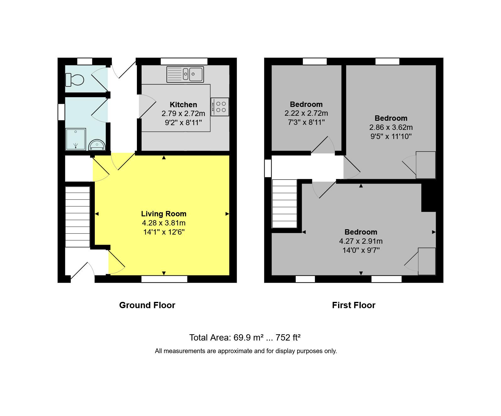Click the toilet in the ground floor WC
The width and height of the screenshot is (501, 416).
click(x=75, y=80)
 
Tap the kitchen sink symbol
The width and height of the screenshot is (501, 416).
click(x=185, y=75)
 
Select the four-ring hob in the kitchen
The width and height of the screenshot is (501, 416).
click(x=220, y=107)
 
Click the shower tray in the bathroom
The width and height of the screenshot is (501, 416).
click(x=76, y=139)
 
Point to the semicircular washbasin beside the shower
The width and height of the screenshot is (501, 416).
click(x=97, y=145)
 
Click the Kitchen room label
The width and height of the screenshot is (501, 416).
click(x=183, y=105)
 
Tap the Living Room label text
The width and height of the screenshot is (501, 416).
click(x=164, y=214)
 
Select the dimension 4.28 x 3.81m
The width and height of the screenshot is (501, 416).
click(x=164, y=223)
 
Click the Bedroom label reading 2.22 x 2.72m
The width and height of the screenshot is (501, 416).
click(x=306, y=104)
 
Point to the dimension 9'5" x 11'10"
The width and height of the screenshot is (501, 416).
click(x=391, y=136)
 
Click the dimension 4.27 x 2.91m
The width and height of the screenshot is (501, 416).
click(x=361, y=241)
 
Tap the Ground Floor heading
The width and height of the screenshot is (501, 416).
click(x=147, y=305)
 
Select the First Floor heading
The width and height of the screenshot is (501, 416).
click(x=353, y=305)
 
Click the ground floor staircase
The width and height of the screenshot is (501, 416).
click(x=78, y=217)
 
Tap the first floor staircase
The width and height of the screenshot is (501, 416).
click(x=284, y=204)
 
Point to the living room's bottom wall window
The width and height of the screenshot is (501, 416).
click(x=164, y=279)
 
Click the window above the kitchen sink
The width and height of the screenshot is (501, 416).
click(x=184, y=61)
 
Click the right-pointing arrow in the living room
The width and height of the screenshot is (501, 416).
click(x=227, y=214)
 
